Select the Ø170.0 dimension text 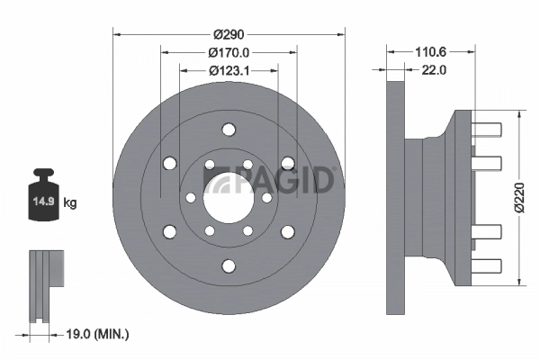tap(229, 52)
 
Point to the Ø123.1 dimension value tap(229, 70)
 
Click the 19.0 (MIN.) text tap(99, 334)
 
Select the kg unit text tap(70, 203)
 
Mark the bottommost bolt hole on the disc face tap(229, 265)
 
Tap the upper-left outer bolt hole tap(169, 163)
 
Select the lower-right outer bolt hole tap(288, 232)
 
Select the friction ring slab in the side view tap(394, 197)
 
